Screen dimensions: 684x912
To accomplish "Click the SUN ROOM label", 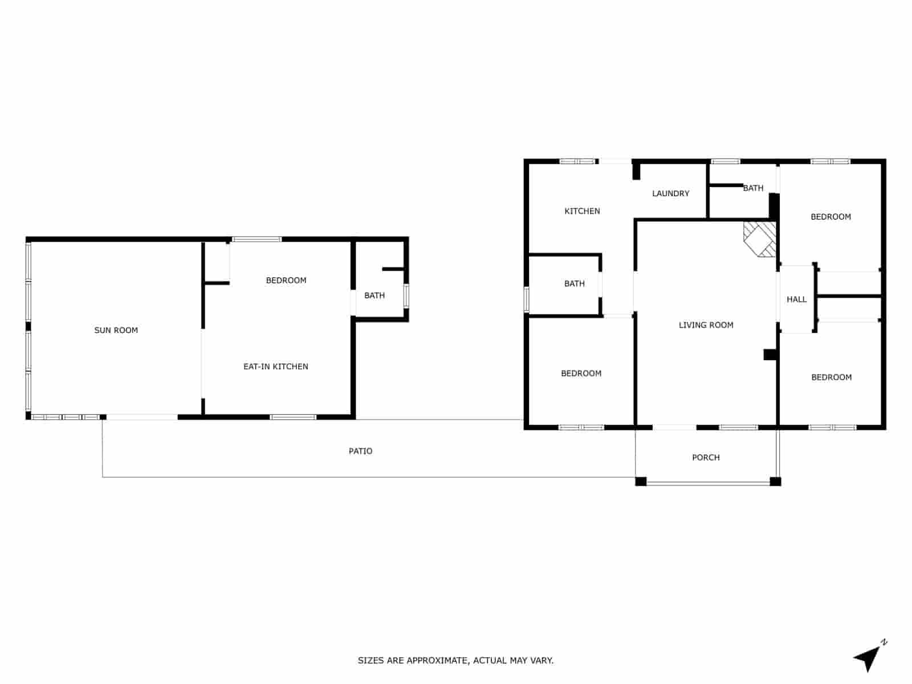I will [116, 330].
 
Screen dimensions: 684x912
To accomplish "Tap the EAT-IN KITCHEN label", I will [275, 367].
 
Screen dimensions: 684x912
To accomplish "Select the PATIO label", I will [360, 451].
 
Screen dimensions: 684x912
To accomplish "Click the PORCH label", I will [706, 457].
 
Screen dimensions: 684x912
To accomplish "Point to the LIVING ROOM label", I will [706, 325].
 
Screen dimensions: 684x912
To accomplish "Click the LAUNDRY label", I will [670, 193].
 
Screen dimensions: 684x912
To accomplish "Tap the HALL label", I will [796, 299].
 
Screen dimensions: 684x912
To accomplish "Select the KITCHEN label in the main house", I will [582, 211].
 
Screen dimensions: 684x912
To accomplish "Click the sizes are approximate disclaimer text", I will [455, 661].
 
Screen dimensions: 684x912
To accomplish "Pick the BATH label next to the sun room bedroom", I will [374, 295].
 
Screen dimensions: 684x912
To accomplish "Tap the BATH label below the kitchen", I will [574, 283].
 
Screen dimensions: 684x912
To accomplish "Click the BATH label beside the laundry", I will [753, 188].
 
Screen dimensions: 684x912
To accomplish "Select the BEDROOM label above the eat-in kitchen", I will [286, 280].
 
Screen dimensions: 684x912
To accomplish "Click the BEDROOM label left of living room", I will [581, 373].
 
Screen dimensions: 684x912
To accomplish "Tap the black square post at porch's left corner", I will [641, 481].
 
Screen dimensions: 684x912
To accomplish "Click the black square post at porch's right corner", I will [775, 481].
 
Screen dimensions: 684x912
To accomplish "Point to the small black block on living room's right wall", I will [770, 355].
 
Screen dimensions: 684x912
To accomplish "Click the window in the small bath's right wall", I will [406, 296].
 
